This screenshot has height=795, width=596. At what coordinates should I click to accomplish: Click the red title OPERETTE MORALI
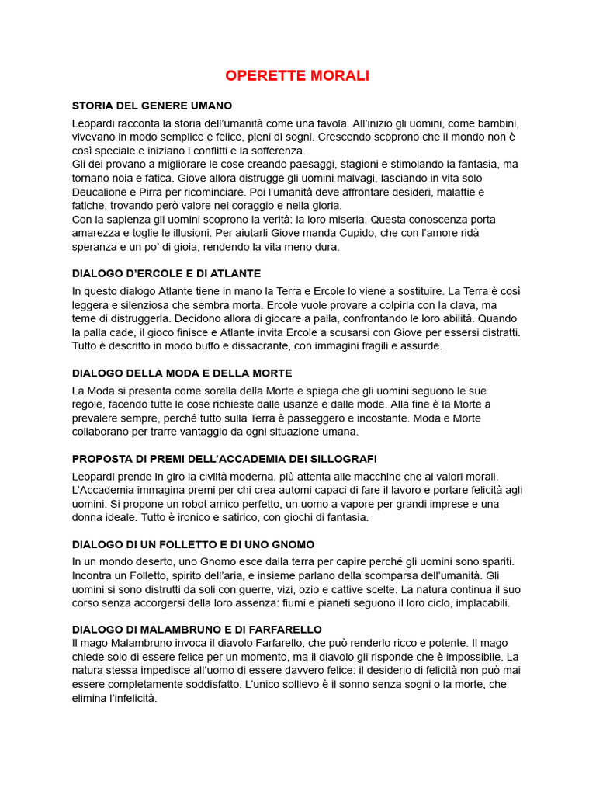[x=297, y=76]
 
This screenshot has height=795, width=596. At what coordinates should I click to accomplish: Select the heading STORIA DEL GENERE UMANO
[x=152, y=106]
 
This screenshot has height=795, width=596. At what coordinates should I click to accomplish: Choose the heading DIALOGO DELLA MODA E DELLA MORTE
[x=182, y=373]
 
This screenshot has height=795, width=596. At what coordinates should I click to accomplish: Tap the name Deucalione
[x=104, y=192]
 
